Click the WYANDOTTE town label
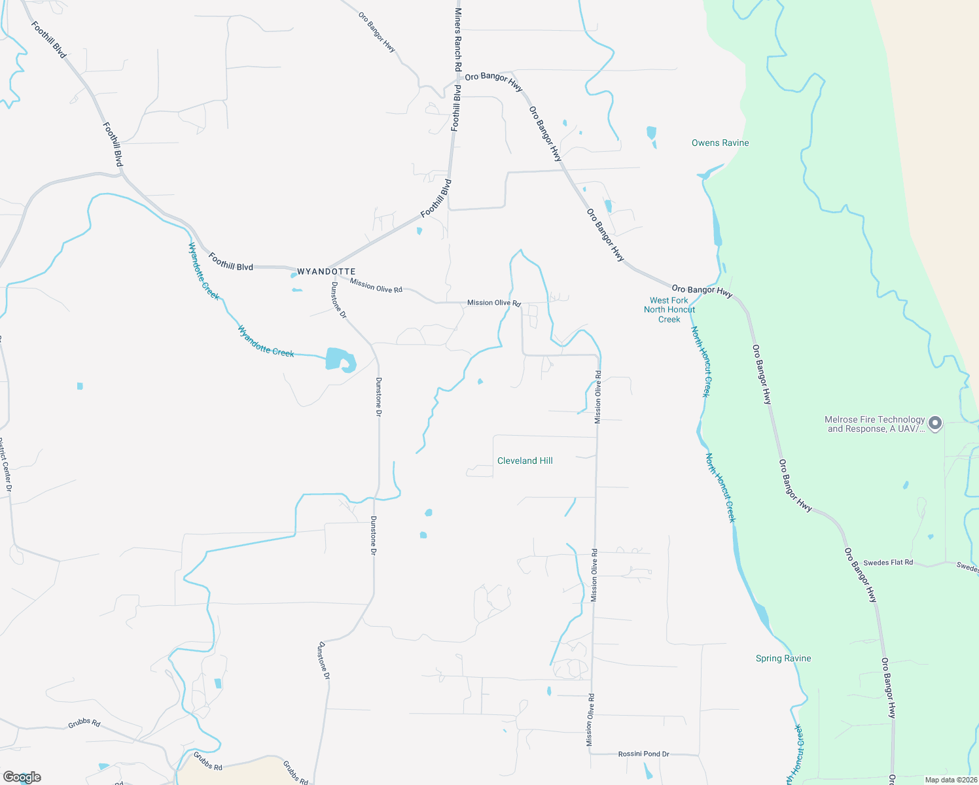point(326,271)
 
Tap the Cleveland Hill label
point(525,461)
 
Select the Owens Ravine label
point(720,143)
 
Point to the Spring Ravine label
point(783,659)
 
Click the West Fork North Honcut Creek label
point(669,310)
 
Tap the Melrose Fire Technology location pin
point(935,423)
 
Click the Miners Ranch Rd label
point(458,40)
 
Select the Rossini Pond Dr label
point(643,754)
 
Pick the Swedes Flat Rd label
point(887,563)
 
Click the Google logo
point(22,777)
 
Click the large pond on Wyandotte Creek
point(339,359)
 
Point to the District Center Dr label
point(5,464)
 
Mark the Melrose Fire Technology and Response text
point(875,425)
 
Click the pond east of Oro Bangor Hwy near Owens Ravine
point(651,133)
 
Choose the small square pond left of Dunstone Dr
point(80,386)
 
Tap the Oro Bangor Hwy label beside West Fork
point(702,290)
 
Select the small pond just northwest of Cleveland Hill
point(480,381)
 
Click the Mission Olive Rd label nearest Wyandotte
point(376,286)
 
